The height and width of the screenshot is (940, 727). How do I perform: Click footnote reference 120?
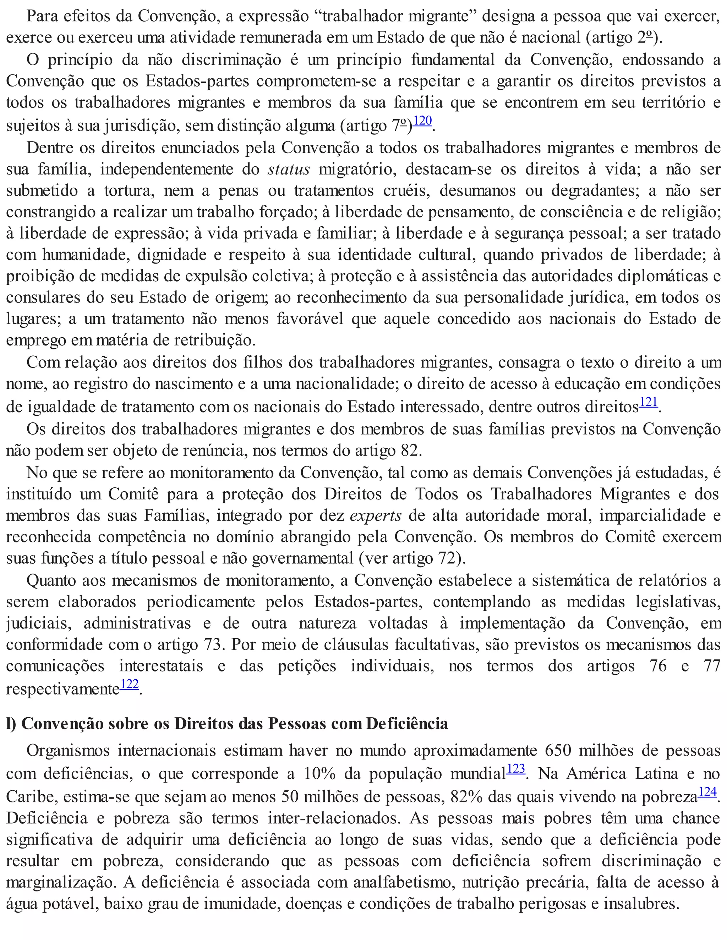[x=422, y=121]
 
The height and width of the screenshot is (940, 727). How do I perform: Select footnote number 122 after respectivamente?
[x=130, y=684]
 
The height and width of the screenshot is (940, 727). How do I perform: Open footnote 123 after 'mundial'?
[x=515, y=769]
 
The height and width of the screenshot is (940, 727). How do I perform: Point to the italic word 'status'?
[x=289, y=169]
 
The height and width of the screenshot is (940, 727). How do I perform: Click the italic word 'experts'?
[x=376, y=515]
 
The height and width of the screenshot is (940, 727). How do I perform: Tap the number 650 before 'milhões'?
[x=558, y=751]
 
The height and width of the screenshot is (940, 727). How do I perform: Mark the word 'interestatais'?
[x=161, y=666]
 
